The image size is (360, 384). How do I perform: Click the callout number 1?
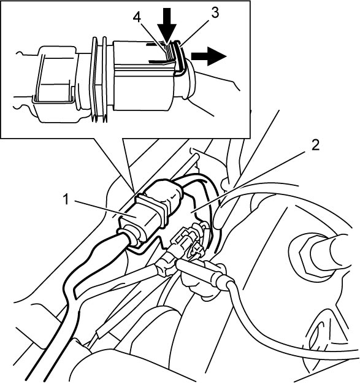66,199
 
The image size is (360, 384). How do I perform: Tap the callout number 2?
315,145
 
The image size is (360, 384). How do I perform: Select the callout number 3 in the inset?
215,13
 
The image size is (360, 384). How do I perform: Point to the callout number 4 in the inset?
137,17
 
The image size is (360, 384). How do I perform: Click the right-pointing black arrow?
209,56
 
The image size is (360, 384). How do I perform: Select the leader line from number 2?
248,181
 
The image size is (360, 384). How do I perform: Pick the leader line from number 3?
194,33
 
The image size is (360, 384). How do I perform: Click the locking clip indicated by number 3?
179,57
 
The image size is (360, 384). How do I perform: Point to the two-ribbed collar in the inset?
99,79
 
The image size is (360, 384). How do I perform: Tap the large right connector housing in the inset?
145,75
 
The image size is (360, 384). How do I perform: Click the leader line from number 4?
153,34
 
